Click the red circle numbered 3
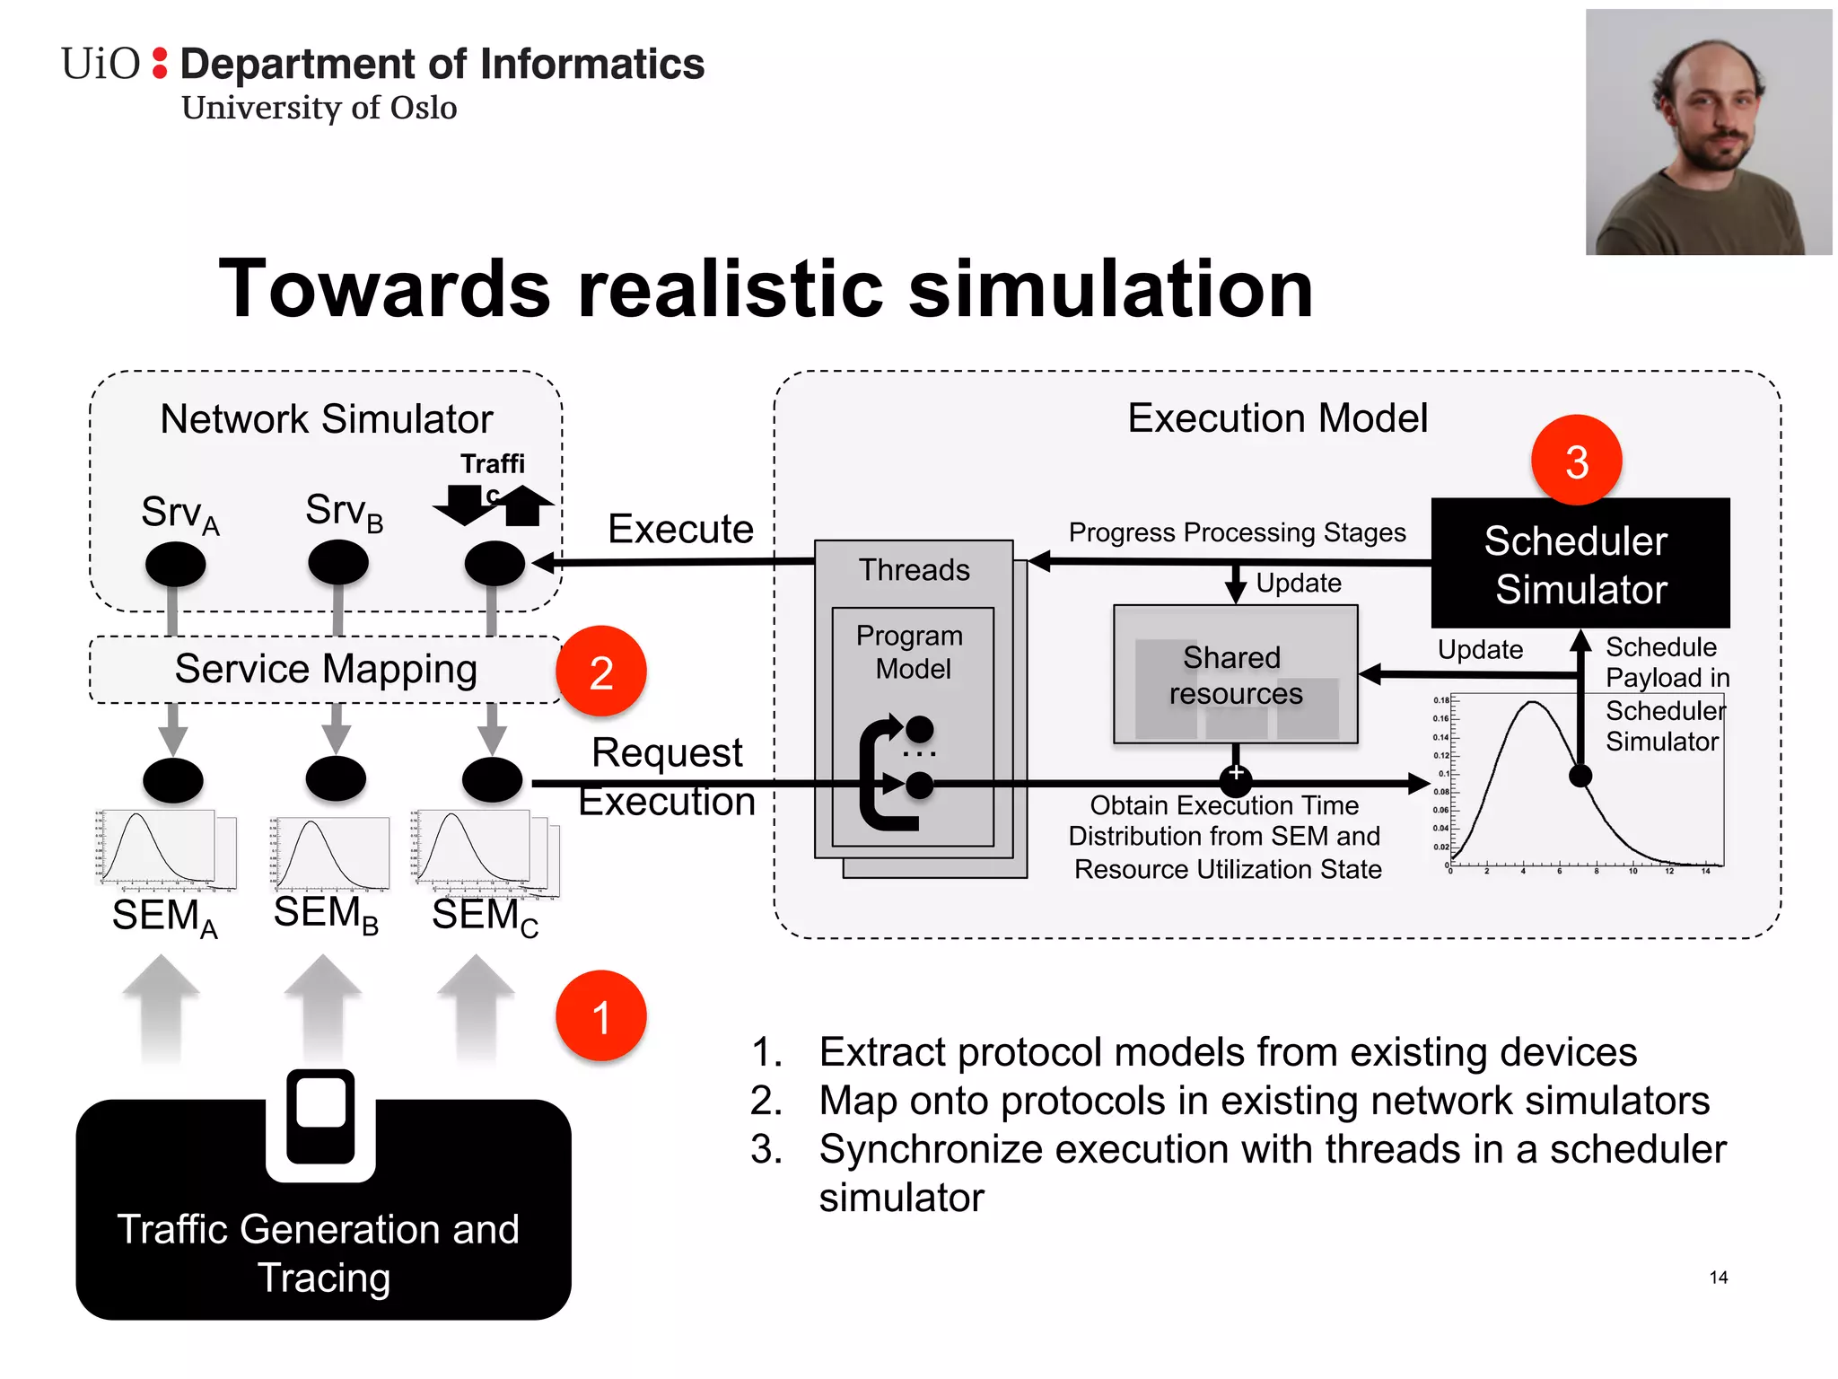[1576, 461]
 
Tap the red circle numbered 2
[600, 672]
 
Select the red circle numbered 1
[600, 1016]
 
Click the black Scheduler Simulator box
[1580, 564]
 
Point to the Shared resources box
[1235, 675]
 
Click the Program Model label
[911, 652]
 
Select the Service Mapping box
[325, 670]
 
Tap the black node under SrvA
[175, 565]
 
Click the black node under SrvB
[337, 563]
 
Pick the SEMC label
[485, 916]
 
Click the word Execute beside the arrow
[680, 529]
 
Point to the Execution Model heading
[1276, 418]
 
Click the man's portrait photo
[1708, 133]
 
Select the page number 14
[1718, 1278]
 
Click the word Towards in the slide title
[384, 289]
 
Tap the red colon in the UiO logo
[160, 64]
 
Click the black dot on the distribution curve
[1580, 776]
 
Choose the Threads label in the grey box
[914, 570]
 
